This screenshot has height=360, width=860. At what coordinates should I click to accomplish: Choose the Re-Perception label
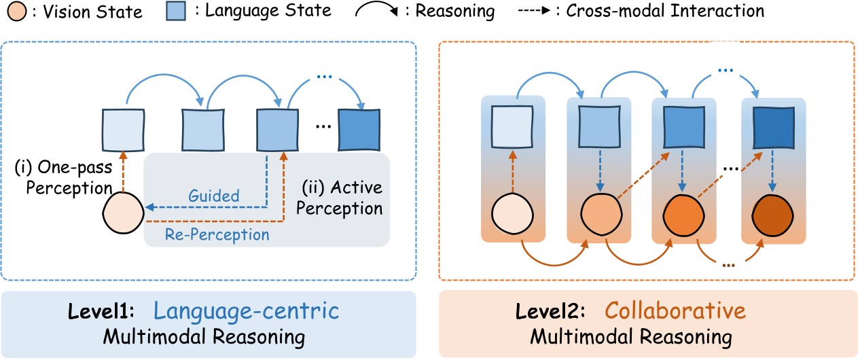(x=217, y=234)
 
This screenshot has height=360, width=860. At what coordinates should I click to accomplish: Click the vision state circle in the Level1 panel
(x=123, y=213)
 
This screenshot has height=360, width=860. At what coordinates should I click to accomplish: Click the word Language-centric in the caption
(x=246, y=312)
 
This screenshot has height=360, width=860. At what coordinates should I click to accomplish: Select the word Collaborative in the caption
(x=675, y=312)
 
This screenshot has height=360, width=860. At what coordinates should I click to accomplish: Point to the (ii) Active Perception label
(x=339, y=196)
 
